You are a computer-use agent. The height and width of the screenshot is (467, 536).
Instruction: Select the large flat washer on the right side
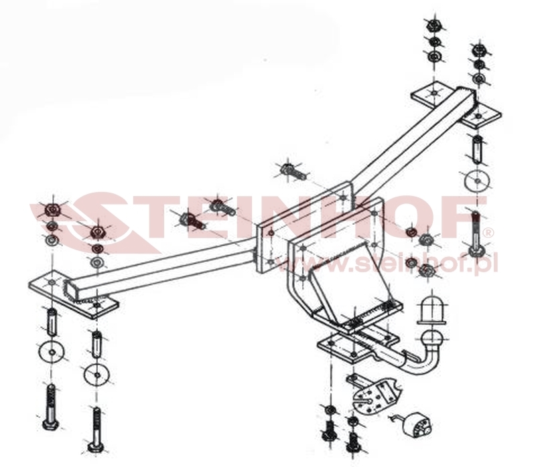click(x=474, y=183)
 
